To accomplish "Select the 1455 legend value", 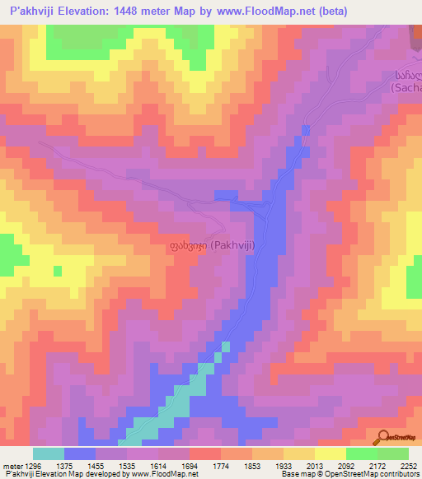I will click(111, 467).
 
